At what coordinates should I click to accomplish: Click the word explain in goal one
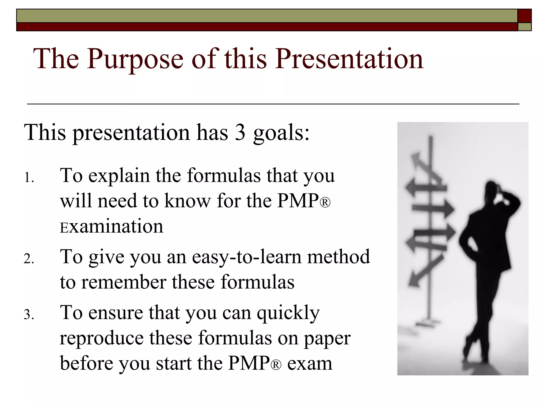(x=119, y=176)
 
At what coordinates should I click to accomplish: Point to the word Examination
(x=111, y=227)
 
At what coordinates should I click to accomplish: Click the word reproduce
(x=101, y=339)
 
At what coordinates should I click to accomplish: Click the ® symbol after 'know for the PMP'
(x=325, y=203)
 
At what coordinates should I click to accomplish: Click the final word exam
(x=310, y=364)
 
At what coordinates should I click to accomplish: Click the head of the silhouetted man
(x=493, y=189)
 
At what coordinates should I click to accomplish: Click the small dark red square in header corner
(x=524, y=16)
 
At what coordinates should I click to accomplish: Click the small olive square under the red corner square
(x=524, y=27)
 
